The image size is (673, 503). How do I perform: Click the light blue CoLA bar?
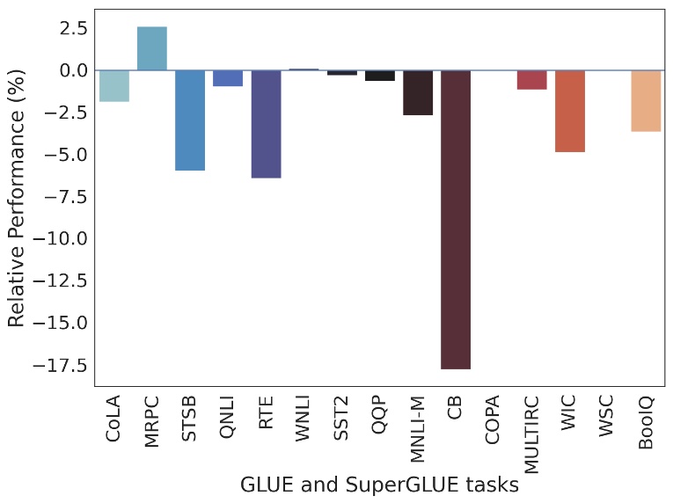pyautogui.click(x=114, y=86)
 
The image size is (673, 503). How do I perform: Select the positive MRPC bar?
pyautogui.click(x=152, y=48)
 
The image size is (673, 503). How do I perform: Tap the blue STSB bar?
pyautogui.click(x=190, y=120)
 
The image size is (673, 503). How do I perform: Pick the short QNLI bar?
pyautogui.click(x=228, y=78)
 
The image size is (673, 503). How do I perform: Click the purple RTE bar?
pyautogui.click(x=266, y=124)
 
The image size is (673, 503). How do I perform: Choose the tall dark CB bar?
pyautogui.click(x=456, y=219)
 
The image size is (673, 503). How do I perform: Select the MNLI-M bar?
pyautogui.click(x=418, y=92)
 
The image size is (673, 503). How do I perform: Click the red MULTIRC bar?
pyautogui.click(x=531, y=80)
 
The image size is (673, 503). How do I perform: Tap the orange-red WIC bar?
pyautogui.click(x=570, y=111)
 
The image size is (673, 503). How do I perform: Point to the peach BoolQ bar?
pyautogui.click(x=646, y=101)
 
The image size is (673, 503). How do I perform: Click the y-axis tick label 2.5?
pyautogui.click(x=69, y=28)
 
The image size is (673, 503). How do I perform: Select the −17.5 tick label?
pyautogui.click(x=58, y=364)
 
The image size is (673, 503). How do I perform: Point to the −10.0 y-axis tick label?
pyautogui.click(x=58, y=238)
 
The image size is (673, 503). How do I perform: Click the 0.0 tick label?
pyautogui.click(x=69, y=70)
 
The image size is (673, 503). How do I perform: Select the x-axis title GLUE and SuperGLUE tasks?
pyautogui.click(x=379, y=485)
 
